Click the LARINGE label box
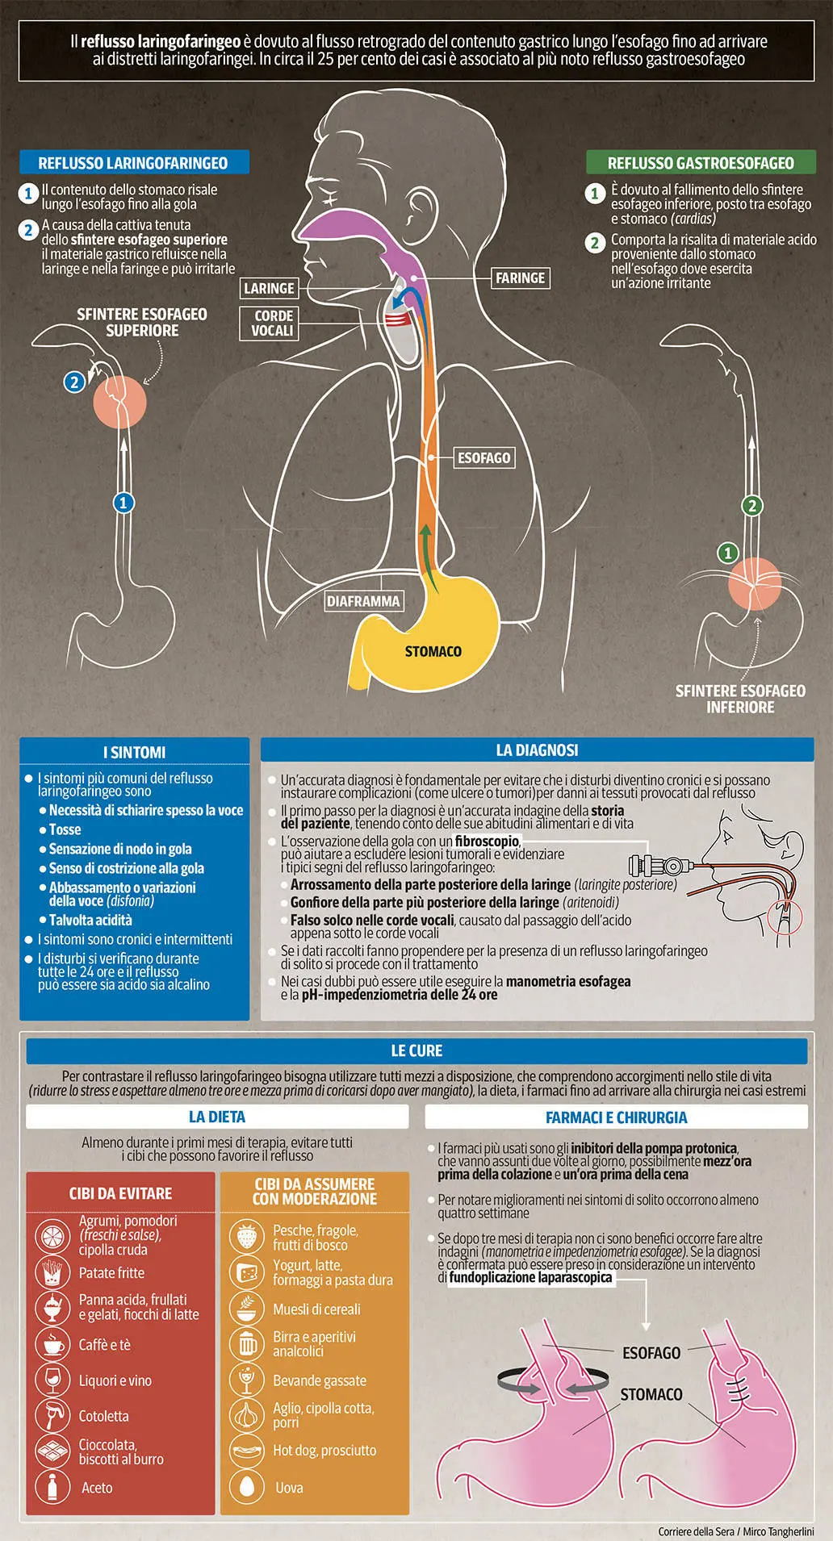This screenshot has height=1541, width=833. tap(269, 288)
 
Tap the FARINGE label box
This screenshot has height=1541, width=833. tap(521, 278)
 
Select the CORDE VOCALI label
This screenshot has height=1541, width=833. tap(273, 323)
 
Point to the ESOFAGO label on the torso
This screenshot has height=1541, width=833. tap(484, 457)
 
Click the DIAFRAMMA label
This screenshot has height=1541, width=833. tap(363, 601)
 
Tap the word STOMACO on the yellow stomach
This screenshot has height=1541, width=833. tap(433, 651)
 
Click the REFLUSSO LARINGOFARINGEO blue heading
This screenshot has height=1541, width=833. tap(133, 162)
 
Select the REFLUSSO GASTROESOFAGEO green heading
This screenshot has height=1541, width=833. tap(701, 162)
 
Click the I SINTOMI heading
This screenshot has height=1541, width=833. tap(135, 752)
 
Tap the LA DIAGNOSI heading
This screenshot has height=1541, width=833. tap(537, 750)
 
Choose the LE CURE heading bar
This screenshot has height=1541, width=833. tap(416, 1050)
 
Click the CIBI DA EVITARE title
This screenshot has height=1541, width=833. tap(121, 1193)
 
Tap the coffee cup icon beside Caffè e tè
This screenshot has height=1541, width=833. tap(52, 1344)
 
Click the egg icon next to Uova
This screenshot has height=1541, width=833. tap(247, 1486)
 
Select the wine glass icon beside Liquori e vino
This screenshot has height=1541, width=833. tap(52, 1380)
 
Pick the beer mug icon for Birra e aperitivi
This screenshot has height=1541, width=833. tap(247, 1343)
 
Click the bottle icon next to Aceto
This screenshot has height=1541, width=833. tap(52, 1486)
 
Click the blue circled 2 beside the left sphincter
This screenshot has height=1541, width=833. tap(74, 382)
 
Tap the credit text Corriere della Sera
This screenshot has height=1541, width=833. tap(696, 1531)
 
